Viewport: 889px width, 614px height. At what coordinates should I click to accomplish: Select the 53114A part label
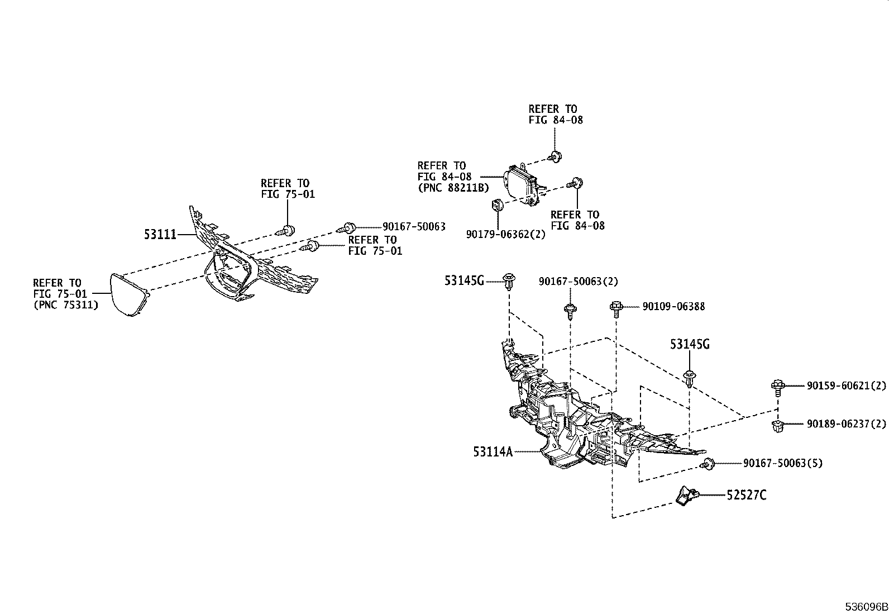493,452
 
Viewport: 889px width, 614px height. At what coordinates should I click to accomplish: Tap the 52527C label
746,495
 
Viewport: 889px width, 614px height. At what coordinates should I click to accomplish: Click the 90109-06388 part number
673,306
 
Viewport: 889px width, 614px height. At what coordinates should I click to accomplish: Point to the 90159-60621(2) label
846,385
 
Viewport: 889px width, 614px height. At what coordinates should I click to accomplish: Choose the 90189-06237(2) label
846,424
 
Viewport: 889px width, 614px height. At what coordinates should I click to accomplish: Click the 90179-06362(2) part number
505,235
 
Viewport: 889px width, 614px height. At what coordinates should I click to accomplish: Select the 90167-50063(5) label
782,463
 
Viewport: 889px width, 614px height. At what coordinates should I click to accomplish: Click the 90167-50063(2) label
579,282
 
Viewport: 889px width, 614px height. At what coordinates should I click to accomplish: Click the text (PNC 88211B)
453,188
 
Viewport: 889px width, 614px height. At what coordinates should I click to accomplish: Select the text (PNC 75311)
65,304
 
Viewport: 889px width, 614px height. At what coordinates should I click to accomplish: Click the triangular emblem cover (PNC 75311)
128,295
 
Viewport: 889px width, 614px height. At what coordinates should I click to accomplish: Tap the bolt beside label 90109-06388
617,308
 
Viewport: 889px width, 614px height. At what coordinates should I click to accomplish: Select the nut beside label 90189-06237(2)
778,426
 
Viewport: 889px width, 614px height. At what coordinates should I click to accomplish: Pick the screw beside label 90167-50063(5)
709,464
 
